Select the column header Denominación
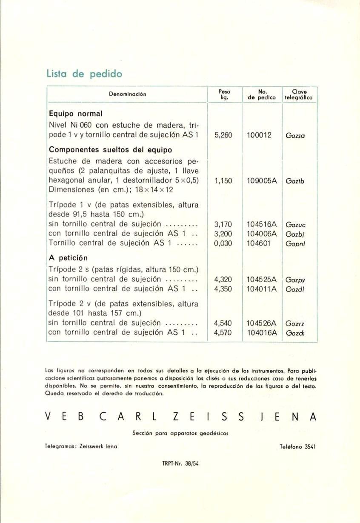pos(127,94)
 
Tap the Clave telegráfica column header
pos(300,94)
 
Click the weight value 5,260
pos(223,136)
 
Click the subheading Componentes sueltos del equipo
pos(111,150)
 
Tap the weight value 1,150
pos(223,180)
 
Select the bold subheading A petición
pos(69,258)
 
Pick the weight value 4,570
pos(223,333)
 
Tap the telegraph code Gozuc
pos(296,224)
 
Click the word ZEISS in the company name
pos(209,417)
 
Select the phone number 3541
pos(309,447)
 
